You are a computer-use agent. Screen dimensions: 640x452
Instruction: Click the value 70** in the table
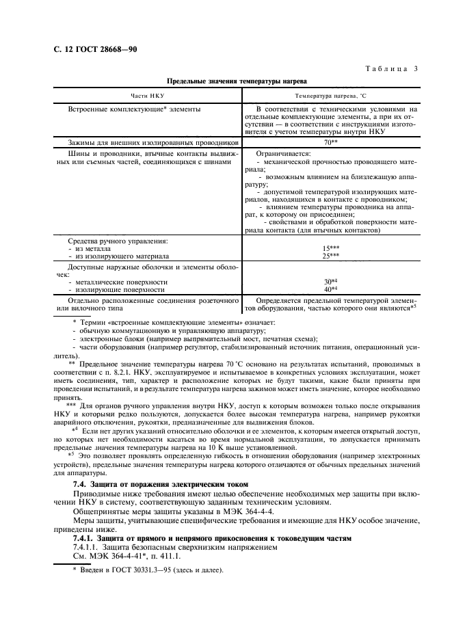331,142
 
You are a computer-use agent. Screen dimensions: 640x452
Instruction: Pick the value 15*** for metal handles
331,248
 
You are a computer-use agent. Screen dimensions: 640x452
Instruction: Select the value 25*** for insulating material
331,255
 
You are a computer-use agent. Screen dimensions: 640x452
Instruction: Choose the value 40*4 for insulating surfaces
331,289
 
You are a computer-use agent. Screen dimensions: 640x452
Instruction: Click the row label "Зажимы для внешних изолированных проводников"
152,142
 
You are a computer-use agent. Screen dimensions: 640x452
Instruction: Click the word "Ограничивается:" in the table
282,154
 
